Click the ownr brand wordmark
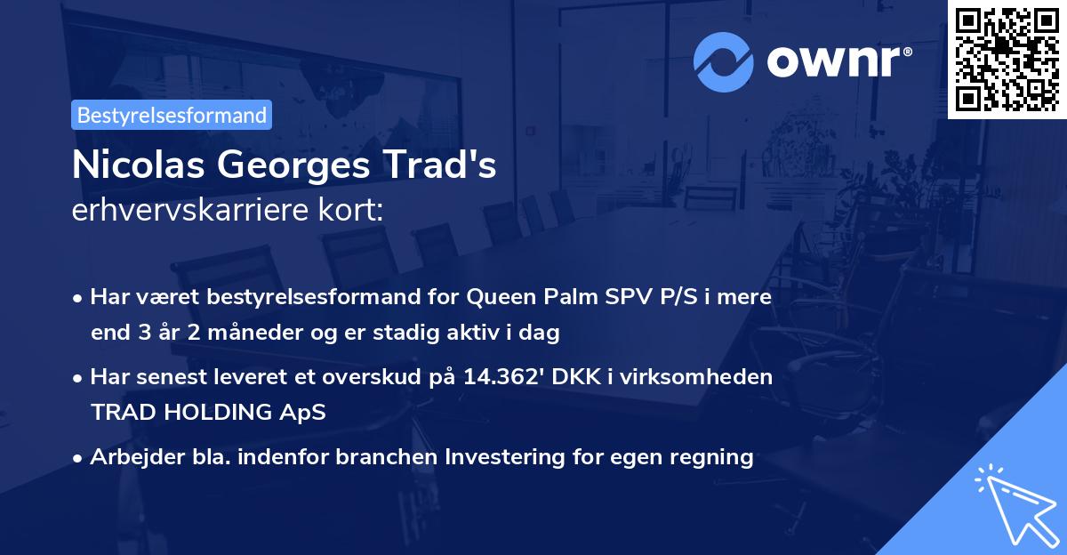(838, 60)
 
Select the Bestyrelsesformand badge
(172, 115)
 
